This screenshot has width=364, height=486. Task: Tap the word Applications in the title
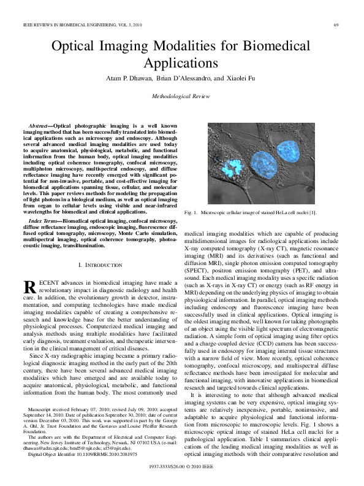click(182, 63)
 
